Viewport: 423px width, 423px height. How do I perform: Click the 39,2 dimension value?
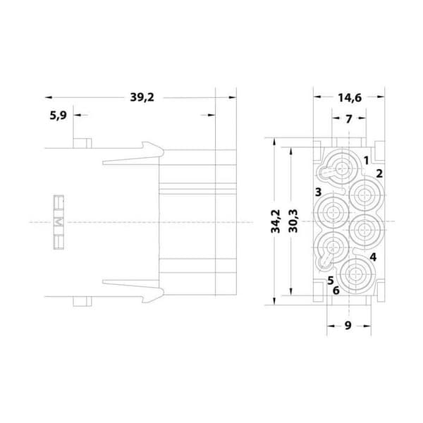pyautogui.click(x=142, y=97)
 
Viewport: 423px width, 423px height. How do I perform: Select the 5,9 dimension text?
pyautogui.click(x=58, y=116)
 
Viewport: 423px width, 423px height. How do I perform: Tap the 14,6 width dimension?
pyautogui.click(x=350, y=98)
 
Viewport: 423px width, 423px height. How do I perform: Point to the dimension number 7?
pyautogui.click(x=349, y=118)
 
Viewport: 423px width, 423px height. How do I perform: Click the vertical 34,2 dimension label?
pyautogui.click(x=276, y=221)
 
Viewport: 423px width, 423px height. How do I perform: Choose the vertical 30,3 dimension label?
pyautogui.click(x=293, y=221)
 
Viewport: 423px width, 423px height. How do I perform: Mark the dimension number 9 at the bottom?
pyautogui.click(x=348, y=325)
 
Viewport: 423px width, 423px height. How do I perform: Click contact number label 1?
pyautogui.click(x=366, y=161)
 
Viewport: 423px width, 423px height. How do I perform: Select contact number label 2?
pyautogui.click(x=379, y=173)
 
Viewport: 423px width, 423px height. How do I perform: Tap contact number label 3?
pyautogui.click(x=319, y=192)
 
